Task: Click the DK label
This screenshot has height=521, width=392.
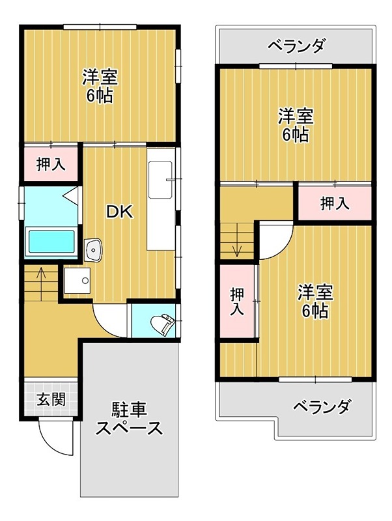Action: (x=119, y=212)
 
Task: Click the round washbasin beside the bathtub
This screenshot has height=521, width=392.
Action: (x=94, y=248)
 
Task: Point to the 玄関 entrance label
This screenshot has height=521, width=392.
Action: (x=50, y=399)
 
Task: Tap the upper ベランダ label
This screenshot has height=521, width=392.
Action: (x=296, y=46)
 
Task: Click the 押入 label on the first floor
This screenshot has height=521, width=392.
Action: (x=50, y=163)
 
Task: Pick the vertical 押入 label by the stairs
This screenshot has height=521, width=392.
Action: (x=238, y=301)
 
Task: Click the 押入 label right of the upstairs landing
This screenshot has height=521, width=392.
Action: (x=335, y=203)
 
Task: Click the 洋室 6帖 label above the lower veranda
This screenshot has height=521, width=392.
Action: (x=315, y=301)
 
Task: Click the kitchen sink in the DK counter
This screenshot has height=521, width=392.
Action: (x=160, y=179)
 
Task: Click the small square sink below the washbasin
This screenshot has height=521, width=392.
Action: (x=79, y=281)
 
